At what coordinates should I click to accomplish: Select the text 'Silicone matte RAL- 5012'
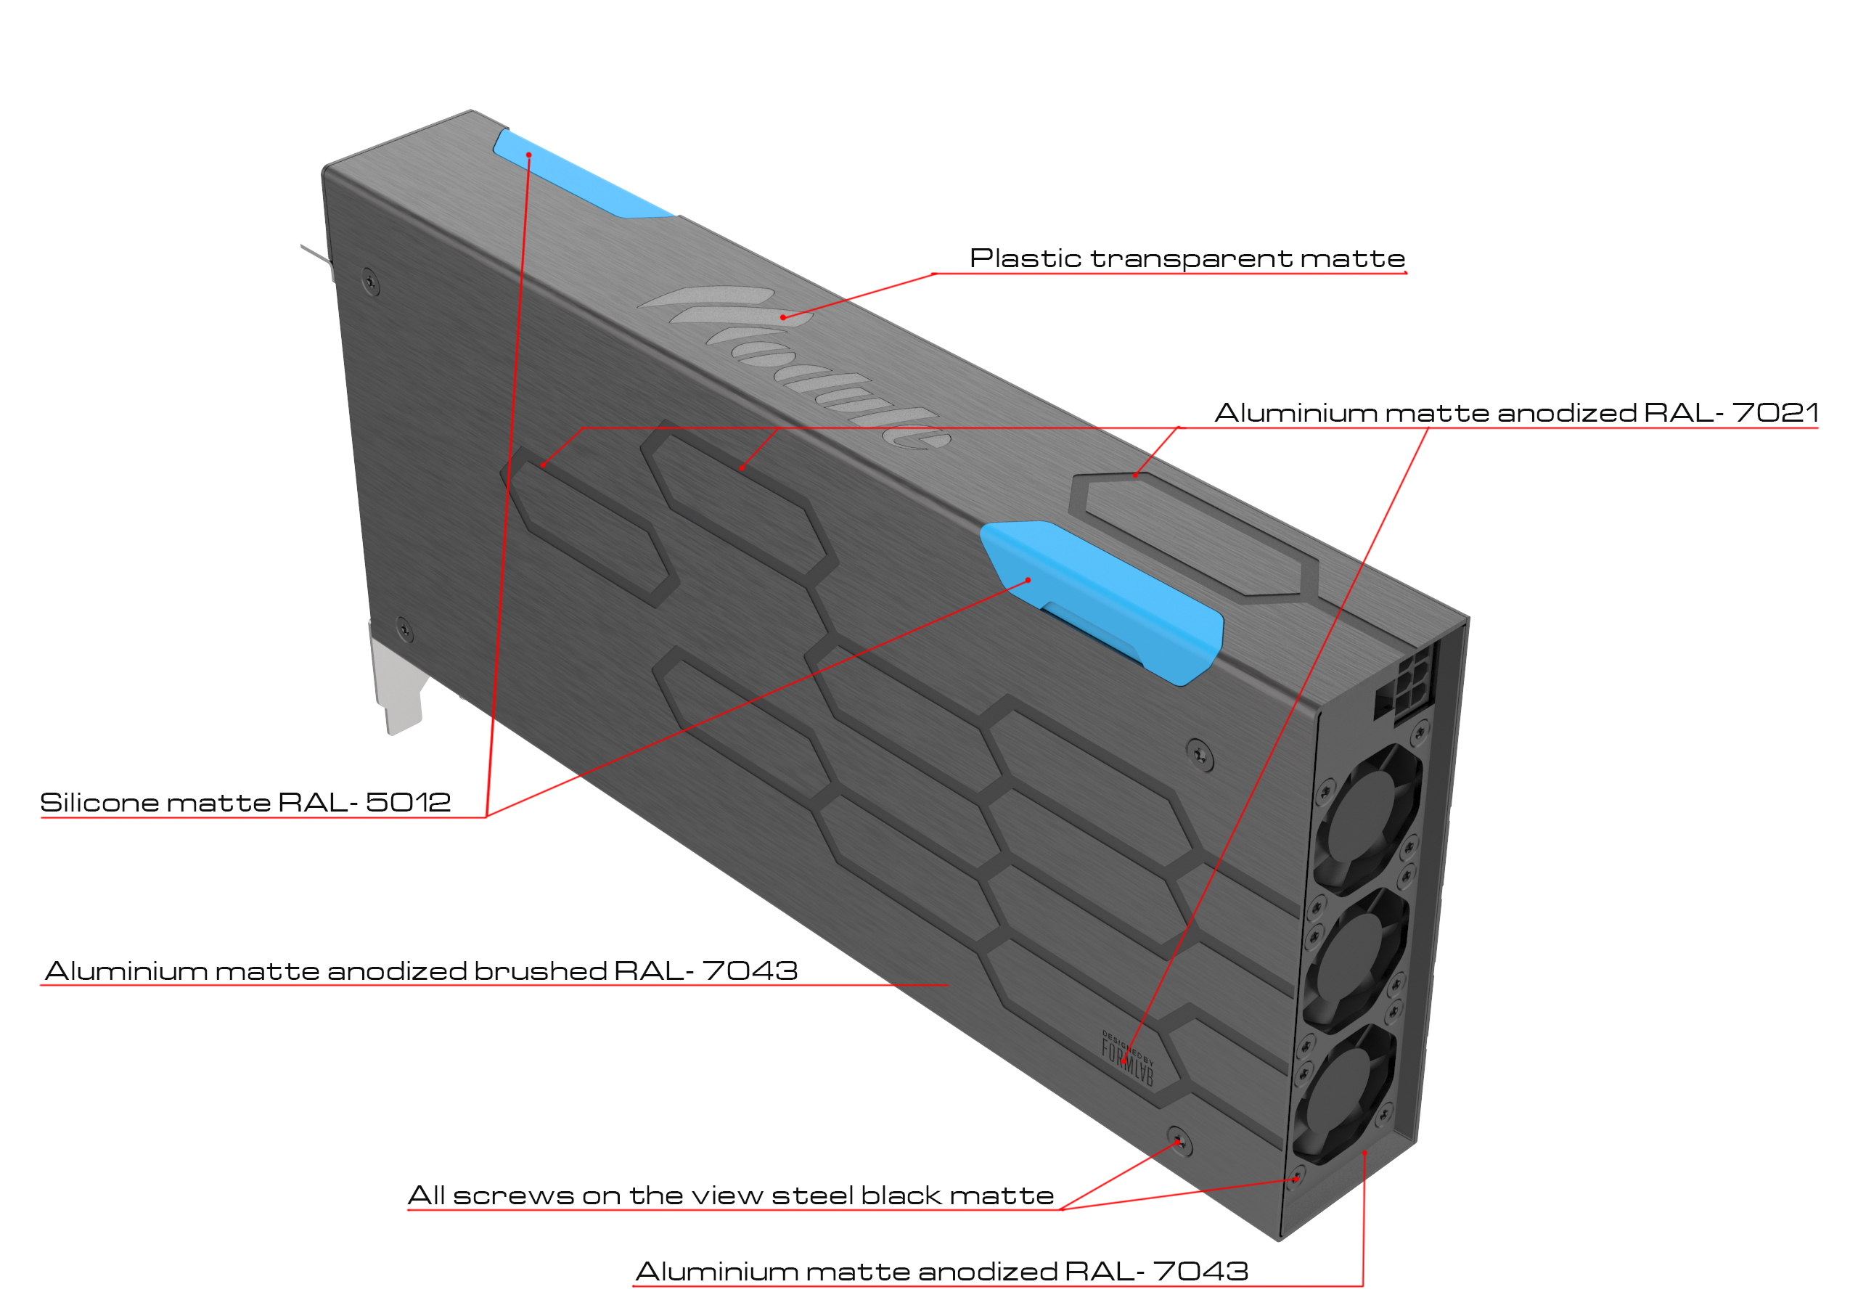pos(245,802)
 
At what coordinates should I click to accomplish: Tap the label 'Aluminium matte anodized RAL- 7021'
pos(1516,412)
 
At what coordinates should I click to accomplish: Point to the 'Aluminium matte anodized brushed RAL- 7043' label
pos(420,970)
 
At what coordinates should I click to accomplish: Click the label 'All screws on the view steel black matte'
pos(730,1196)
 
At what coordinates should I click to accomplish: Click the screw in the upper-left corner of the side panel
pos(370,282)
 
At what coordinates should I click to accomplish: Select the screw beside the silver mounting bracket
pos(404,628)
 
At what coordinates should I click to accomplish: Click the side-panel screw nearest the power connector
pos(1199,754)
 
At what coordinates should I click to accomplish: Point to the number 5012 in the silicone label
pos(408,802)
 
